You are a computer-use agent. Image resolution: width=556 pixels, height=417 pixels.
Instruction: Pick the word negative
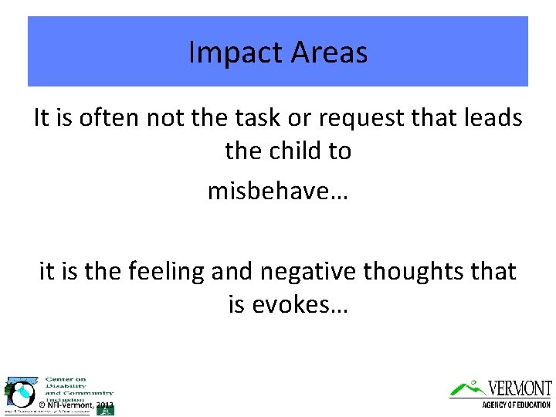313,271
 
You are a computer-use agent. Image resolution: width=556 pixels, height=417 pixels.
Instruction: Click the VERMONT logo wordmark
520,388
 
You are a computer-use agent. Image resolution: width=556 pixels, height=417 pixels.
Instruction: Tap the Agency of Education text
516,405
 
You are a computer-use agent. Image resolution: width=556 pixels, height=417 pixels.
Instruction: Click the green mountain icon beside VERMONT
468,388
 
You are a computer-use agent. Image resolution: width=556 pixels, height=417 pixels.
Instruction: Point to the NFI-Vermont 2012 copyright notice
76,405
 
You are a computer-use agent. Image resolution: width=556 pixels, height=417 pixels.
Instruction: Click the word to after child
340,151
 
